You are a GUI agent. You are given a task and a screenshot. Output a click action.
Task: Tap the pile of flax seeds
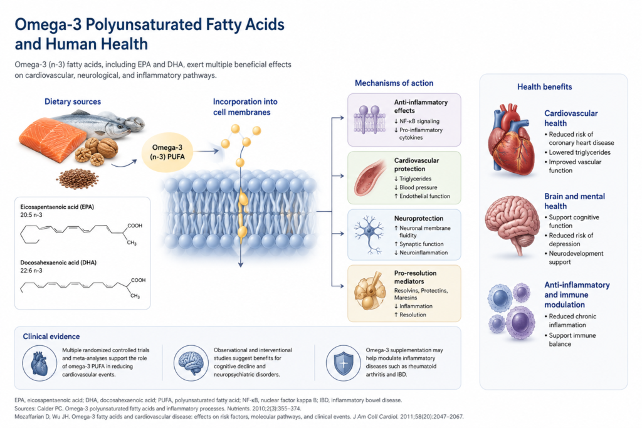click(77, 179)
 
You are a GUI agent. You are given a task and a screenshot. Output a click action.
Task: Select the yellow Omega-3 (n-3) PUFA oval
click(167, 152)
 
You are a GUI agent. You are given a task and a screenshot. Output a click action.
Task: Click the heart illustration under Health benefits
click(512, 139)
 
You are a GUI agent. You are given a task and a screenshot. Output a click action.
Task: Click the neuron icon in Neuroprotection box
click(369, 234)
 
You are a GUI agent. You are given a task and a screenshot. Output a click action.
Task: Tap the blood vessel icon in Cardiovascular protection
click(370, 177)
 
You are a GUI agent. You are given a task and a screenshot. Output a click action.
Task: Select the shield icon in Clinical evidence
click(344, 363)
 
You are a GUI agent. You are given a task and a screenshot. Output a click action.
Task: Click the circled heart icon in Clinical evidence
click(39, 363)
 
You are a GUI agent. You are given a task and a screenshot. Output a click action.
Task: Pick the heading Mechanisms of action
click(394, 83)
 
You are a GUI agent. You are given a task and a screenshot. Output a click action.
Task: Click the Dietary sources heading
click(73, 102)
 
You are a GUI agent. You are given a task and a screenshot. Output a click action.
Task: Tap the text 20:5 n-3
click(31, 215)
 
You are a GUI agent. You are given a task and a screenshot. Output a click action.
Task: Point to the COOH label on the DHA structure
click(138, 280)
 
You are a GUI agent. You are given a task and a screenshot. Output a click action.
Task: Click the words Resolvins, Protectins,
click(421, 291)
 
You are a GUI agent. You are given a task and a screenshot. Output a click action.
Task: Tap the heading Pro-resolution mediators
click(415, 277)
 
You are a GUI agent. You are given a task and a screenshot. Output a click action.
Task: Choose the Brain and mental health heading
click(574, 201)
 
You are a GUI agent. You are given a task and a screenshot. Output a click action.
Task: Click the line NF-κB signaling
click(416, 121)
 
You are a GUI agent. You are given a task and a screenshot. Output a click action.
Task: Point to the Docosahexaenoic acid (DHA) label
click(58, 263)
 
